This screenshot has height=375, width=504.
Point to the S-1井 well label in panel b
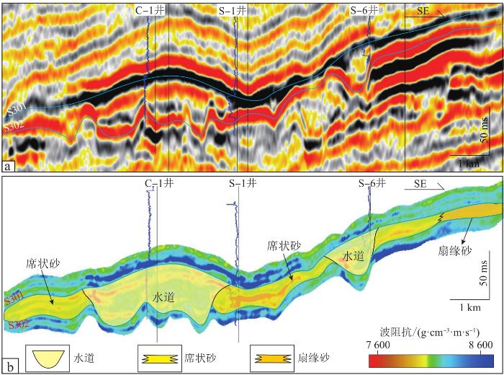(240, 183)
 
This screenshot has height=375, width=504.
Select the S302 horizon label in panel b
(16, 325)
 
